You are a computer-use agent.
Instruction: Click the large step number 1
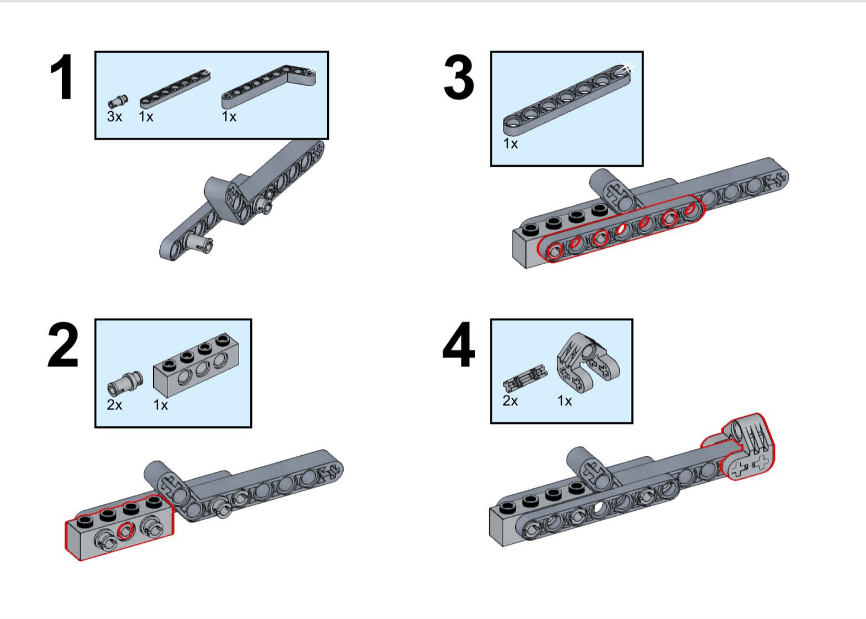[62, 77]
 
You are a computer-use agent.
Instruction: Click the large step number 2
[63, 345]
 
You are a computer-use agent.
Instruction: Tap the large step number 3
[458, 77]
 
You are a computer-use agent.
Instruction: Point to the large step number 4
[459, 345]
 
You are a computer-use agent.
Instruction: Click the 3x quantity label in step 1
[114, 116]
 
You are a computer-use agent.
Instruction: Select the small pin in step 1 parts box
[118, 101]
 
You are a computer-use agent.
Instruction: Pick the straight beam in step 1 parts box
[175, 88]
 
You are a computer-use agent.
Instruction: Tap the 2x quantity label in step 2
[114, 405]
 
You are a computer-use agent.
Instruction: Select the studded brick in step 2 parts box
[196, 365]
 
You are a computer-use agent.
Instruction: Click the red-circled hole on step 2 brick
[125, 530]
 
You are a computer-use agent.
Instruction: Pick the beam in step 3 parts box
[566, 101]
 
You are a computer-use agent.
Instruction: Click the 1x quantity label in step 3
[510, 144]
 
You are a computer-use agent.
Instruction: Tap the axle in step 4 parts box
[526, 378]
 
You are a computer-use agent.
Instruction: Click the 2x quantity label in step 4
[510, 401]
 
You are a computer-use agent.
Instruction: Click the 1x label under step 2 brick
[161, 405]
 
